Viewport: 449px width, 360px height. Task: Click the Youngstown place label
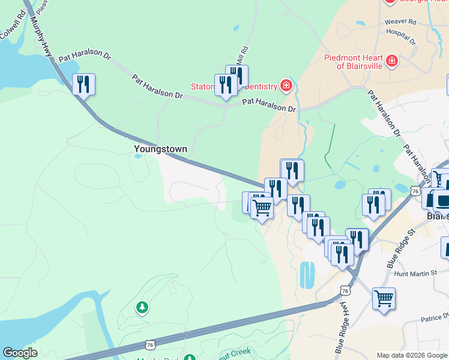coord(160,149)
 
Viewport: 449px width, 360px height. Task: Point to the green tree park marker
coord(142,308)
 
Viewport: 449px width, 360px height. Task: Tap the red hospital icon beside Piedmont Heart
coord(392,61)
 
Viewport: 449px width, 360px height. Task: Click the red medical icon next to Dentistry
coord(286,86)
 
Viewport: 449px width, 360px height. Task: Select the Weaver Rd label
coord(400,22)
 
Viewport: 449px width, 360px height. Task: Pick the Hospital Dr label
coord(401,35)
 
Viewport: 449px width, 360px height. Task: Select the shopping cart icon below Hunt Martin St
coord(384,298)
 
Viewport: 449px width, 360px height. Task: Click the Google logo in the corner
coord(20,353)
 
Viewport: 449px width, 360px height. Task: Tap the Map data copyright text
coord(411,355)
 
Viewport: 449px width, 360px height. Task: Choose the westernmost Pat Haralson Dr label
coord(85,57)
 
